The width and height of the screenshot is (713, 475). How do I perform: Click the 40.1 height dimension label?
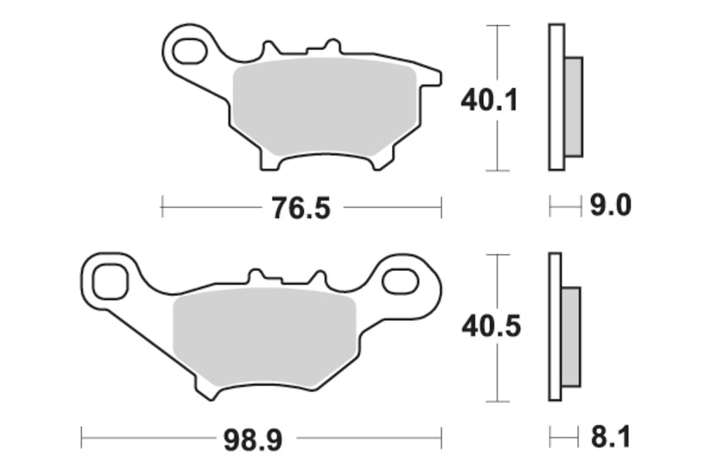click(x=488, y=100)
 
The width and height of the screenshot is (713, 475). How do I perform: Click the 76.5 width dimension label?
click(x=300, y=209)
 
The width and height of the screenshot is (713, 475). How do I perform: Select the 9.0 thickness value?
click(x=611, y=207)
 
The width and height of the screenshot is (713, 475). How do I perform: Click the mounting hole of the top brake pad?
click(x=189, y=52)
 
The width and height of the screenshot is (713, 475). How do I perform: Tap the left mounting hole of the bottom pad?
click(x=111, y=281)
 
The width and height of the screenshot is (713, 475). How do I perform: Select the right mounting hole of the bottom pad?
click(x=399, y=282)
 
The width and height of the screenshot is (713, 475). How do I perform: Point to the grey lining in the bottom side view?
click(x=570, y=336)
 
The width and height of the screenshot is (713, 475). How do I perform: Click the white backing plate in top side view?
click(x=556, y=97)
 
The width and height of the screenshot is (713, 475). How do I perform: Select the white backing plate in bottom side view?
click(x=554, y=327)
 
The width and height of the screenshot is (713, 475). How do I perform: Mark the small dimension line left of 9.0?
click(x=564, y=209)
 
